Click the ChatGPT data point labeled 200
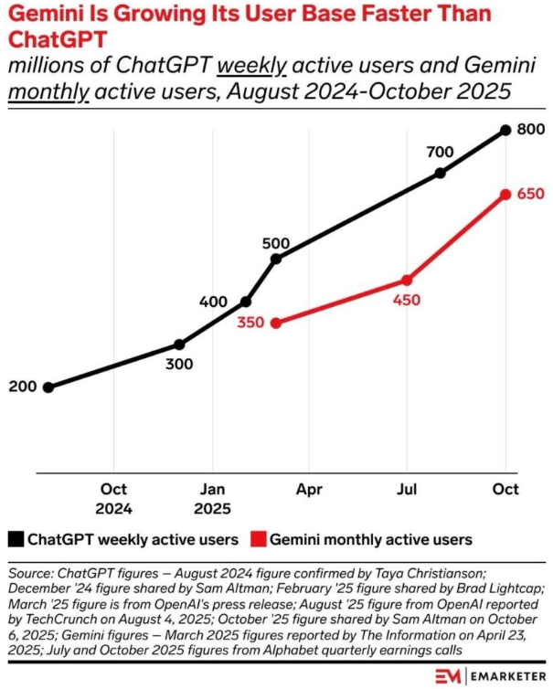[48, 387]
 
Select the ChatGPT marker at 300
[179, 344]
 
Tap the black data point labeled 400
[245, 302]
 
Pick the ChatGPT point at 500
[276, 259]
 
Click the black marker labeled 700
[441, 173]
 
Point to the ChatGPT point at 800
[505, 131]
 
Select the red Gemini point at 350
[276, 323]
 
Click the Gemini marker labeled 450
[408, 280]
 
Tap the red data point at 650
[505, 194]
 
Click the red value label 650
[530, 194]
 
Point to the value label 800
[530, 130]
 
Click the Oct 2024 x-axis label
[114, 499]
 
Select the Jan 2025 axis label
[212, 499]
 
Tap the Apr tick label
[310, 490]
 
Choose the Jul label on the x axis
[408, 490]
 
